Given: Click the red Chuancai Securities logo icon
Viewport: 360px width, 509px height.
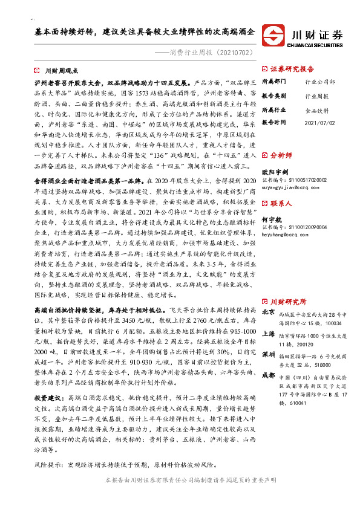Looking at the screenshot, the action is (x=275, y=36).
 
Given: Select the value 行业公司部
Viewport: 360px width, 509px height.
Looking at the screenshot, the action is (x=320, y=81).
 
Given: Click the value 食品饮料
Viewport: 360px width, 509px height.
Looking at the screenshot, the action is (x=316, y=110).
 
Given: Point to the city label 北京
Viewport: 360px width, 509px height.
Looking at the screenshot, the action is (x=269, y=312).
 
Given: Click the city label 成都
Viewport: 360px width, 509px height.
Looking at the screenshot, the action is (x=269, y=375).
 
